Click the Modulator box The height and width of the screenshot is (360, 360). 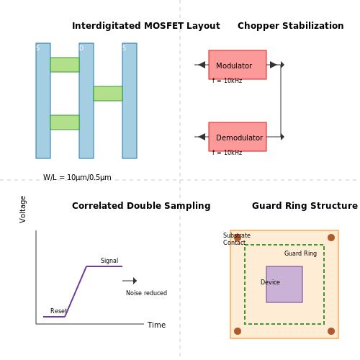coord(238,65)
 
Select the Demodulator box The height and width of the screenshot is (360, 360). coord(238,137)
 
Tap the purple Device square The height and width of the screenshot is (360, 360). coord(284,284)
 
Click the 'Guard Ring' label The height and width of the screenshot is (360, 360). coord(300,253)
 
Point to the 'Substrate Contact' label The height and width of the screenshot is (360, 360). coord(237,239)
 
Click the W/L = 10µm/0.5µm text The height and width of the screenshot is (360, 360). coord(77,177)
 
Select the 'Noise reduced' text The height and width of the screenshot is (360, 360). coord(146,293)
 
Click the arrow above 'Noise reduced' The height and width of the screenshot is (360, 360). coord(130,281)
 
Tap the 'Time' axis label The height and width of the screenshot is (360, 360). coord(156,325)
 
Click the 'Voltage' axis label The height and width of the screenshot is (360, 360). coord(23,210)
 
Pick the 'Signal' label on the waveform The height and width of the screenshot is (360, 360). coord(109,261)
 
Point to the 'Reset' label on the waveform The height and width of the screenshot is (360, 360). coord(58,311)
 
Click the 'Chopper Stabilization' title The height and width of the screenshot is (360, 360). coord(290,26)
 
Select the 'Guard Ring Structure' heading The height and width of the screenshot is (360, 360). coord(305,206)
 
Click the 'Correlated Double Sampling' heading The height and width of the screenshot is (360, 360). coord(141,206)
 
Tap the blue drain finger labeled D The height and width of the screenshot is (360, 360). coord(86,101)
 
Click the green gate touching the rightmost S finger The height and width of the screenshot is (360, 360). coord(108,94)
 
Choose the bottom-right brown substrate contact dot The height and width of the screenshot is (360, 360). coord(331,331)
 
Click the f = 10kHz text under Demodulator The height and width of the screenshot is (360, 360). coord(227,153)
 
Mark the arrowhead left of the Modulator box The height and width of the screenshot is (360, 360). coord(202,65)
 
